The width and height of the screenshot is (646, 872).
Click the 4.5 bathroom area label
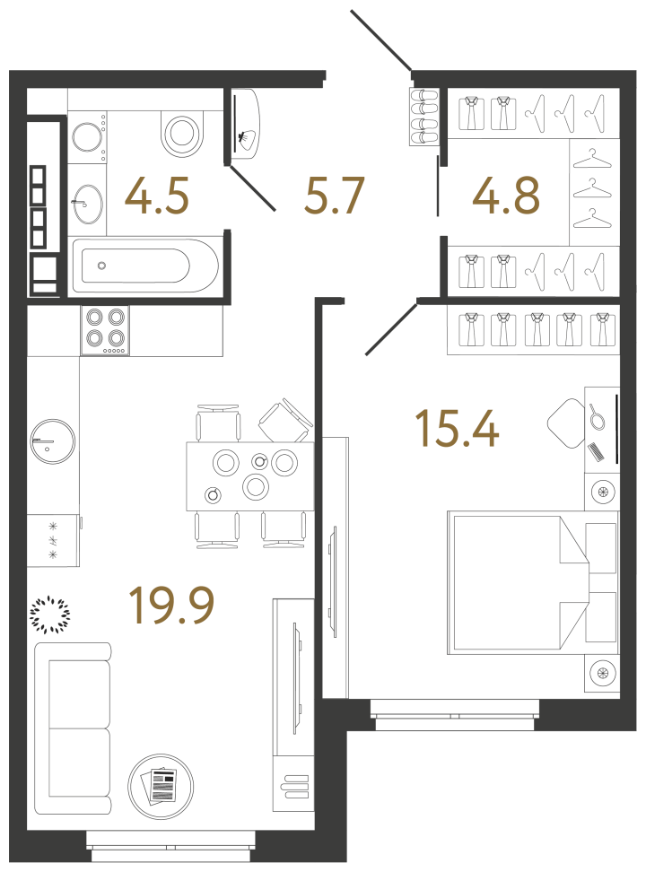157,196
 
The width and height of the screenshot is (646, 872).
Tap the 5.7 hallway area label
334,196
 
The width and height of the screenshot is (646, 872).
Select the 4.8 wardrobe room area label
507,196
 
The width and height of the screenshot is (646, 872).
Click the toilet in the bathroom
183,133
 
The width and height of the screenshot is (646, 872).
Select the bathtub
144,266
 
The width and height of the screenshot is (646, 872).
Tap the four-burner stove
104,330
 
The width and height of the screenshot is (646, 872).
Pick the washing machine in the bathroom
88,138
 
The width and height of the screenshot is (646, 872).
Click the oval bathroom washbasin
87,203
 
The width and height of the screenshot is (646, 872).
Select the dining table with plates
249,475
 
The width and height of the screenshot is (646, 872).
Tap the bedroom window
455,715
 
